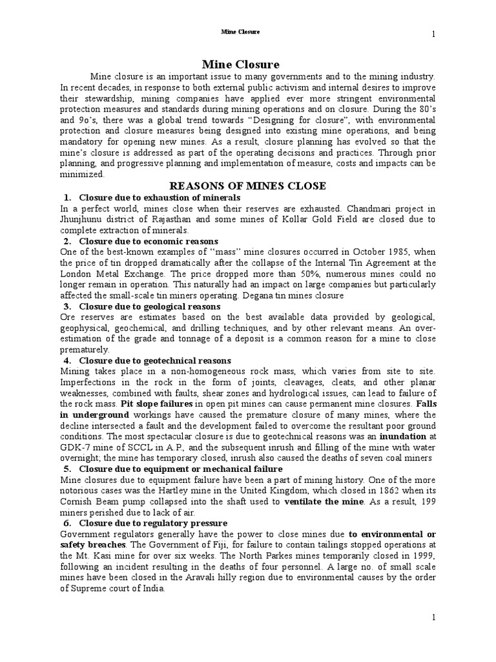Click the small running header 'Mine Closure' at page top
[241, 31]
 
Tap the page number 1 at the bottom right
[434, 619]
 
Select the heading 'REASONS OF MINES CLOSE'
[248, 186]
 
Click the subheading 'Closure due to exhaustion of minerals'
[160, 197]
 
